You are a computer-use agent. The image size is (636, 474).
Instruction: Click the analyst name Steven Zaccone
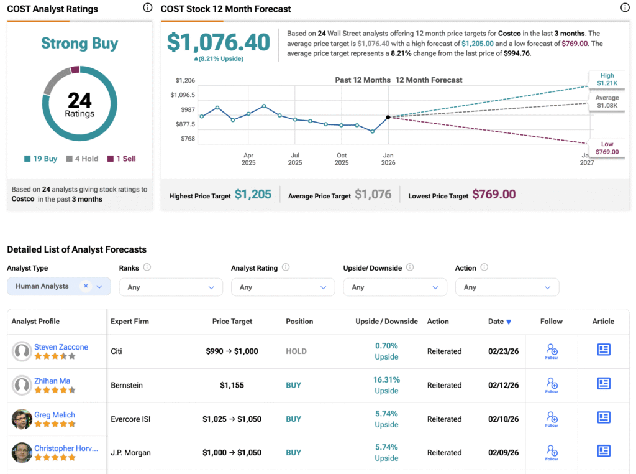61,347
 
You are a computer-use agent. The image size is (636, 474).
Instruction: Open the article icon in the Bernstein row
603,384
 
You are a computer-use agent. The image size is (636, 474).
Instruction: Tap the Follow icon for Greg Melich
552,418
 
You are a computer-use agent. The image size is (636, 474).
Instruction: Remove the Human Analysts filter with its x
86,286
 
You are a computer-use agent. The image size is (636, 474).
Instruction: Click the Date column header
499,322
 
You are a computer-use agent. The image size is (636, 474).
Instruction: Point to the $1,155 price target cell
232,385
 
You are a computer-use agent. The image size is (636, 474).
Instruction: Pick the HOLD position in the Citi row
296,351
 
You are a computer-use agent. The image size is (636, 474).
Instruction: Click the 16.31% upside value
387,379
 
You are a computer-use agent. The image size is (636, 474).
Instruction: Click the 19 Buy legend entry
41,159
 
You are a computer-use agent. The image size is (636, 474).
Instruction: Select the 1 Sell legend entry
122,159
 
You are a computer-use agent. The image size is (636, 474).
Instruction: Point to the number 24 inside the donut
79,101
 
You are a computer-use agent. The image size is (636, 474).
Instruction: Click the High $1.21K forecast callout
607,79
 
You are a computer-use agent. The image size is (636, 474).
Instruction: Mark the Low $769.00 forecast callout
607,148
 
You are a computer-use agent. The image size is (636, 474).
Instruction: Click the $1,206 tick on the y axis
185,80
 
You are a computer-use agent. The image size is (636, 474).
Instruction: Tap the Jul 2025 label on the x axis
295,159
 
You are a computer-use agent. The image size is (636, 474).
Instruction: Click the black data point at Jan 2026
388,117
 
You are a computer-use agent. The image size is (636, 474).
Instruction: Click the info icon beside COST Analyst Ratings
147,8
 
